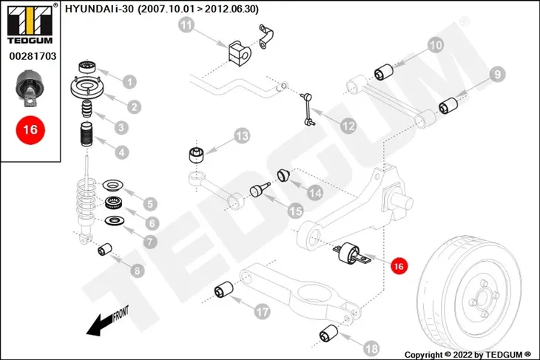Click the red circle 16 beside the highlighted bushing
pyautogui.click(x=399, y=266)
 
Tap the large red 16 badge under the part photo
pyautogui.click(x=30, y=130)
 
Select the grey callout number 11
pyautogui.click(x=186, y=25)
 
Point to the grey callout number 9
pyautogui.click(x=497, y=75)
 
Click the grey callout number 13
pyautogui.click(x=242, y=136)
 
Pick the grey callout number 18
pyautogui.click(x=371, y=348)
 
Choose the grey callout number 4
pyautogui.click(x=121, y=152)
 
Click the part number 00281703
pyautogui.click(x=33, y=56)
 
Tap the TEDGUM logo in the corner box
pyautogui.click(x=30, y=24)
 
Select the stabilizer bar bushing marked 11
pyautogui.click(x=240, y=53)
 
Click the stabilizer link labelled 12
pyautogui.click(x=308, y=109)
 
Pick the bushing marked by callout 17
pyautogui.click(x=223, y=290)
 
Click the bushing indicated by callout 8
pyautogui.click(x=105, y=249)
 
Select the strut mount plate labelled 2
pyautogui.click(x=87, y=89)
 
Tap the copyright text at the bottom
pyautogui.click(x=468, y=355)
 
